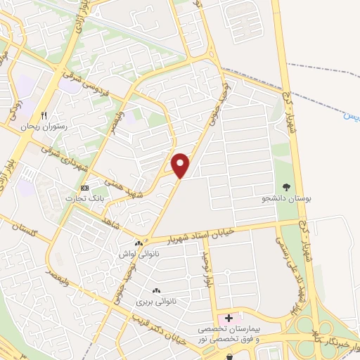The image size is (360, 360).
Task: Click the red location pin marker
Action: [x=181, y=165]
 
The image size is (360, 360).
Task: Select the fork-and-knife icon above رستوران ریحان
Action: [x=44, y=115]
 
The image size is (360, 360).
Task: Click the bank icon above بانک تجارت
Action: [x=85, y=188]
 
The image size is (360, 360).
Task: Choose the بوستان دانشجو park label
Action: [x=285, y=200]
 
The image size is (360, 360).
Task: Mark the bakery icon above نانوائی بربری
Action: [x=156, y=290]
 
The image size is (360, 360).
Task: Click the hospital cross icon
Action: [x=229, y=319]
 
